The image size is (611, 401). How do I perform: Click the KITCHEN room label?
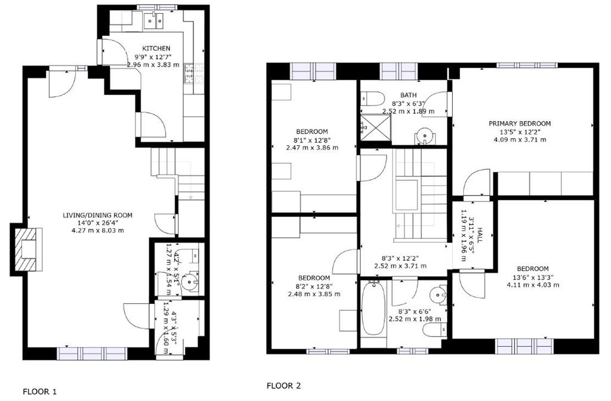click(156, 48)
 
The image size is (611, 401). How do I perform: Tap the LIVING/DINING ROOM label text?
click(98, 215)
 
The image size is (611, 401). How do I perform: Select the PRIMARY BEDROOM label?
click(525, 123)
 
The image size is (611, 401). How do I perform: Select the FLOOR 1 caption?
click(40, 392)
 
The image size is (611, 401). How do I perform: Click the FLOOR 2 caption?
click(283, 386)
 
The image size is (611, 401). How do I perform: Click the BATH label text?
click(408, 95)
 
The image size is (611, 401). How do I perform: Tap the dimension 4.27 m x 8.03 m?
click(98, 231)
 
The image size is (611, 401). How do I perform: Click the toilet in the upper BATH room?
click(371, 98)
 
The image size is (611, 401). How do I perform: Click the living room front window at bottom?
click(92, 353)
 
